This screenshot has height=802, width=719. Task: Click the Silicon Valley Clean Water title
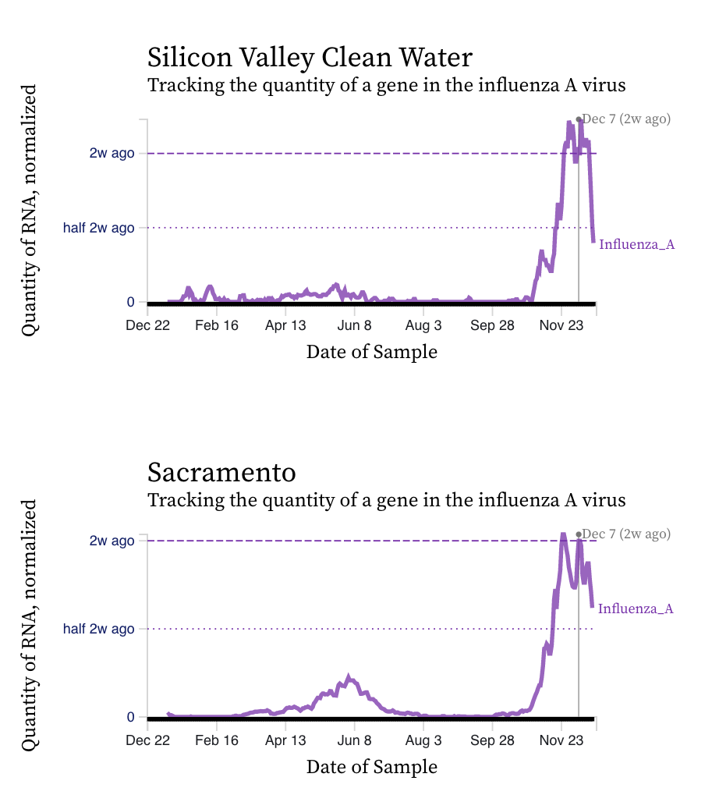310,58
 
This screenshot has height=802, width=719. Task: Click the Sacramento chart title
221,473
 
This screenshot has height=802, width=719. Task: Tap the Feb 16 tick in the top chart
217,325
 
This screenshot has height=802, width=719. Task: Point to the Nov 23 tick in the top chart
561,325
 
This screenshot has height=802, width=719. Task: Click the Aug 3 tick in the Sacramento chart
423,740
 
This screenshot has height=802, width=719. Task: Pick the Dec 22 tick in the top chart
147,325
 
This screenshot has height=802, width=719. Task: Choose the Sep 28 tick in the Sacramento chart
493,740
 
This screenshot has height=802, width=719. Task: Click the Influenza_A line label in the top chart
636,245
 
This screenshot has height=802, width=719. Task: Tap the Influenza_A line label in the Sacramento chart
636,609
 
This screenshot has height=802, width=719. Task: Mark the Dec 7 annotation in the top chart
626,119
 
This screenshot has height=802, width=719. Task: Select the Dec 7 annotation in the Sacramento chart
626,534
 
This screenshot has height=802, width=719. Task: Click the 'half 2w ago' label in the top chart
98,228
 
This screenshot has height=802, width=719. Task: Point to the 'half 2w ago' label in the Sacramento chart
98,628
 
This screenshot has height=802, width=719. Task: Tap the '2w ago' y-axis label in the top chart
112,153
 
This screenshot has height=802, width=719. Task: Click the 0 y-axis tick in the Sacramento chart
131,717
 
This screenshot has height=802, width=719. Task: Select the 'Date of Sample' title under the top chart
372,352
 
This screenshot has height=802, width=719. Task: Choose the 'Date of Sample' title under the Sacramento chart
372,767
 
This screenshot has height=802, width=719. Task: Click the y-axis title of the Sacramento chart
30,626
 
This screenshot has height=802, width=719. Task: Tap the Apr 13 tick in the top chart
286,325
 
